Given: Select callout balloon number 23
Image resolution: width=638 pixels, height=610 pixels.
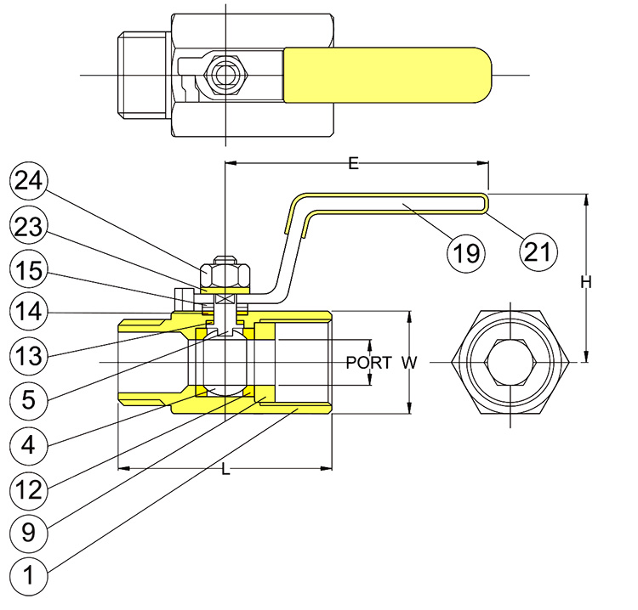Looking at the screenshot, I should [30, 228].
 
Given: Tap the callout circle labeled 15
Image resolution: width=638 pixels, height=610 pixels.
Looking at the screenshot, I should [30, 271].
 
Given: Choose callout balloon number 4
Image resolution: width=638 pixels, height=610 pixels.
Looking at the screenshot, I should [30, 443].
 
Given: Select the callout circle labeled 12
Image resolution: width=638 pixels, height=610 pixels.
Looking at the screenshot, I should [30, 489].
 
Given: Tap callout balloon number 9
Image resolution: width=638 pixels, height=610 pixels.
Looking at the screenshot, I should [30, 533].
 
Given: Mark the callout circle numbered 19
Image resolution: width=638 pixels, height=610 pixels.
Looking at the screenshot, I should [468, 251].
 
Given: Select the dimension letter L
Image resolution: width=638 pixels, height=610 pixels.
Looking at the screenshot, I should [225, 470].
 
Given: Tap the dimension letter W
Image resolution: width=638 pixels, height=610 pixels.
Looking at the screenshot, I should [409, 363].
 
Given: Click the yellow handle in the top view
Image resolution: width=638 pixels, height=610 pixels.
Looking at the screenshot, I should [387, 75].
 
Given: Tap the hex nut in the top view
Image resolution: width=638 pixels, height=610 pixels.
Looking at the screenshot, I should [225, 75].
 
